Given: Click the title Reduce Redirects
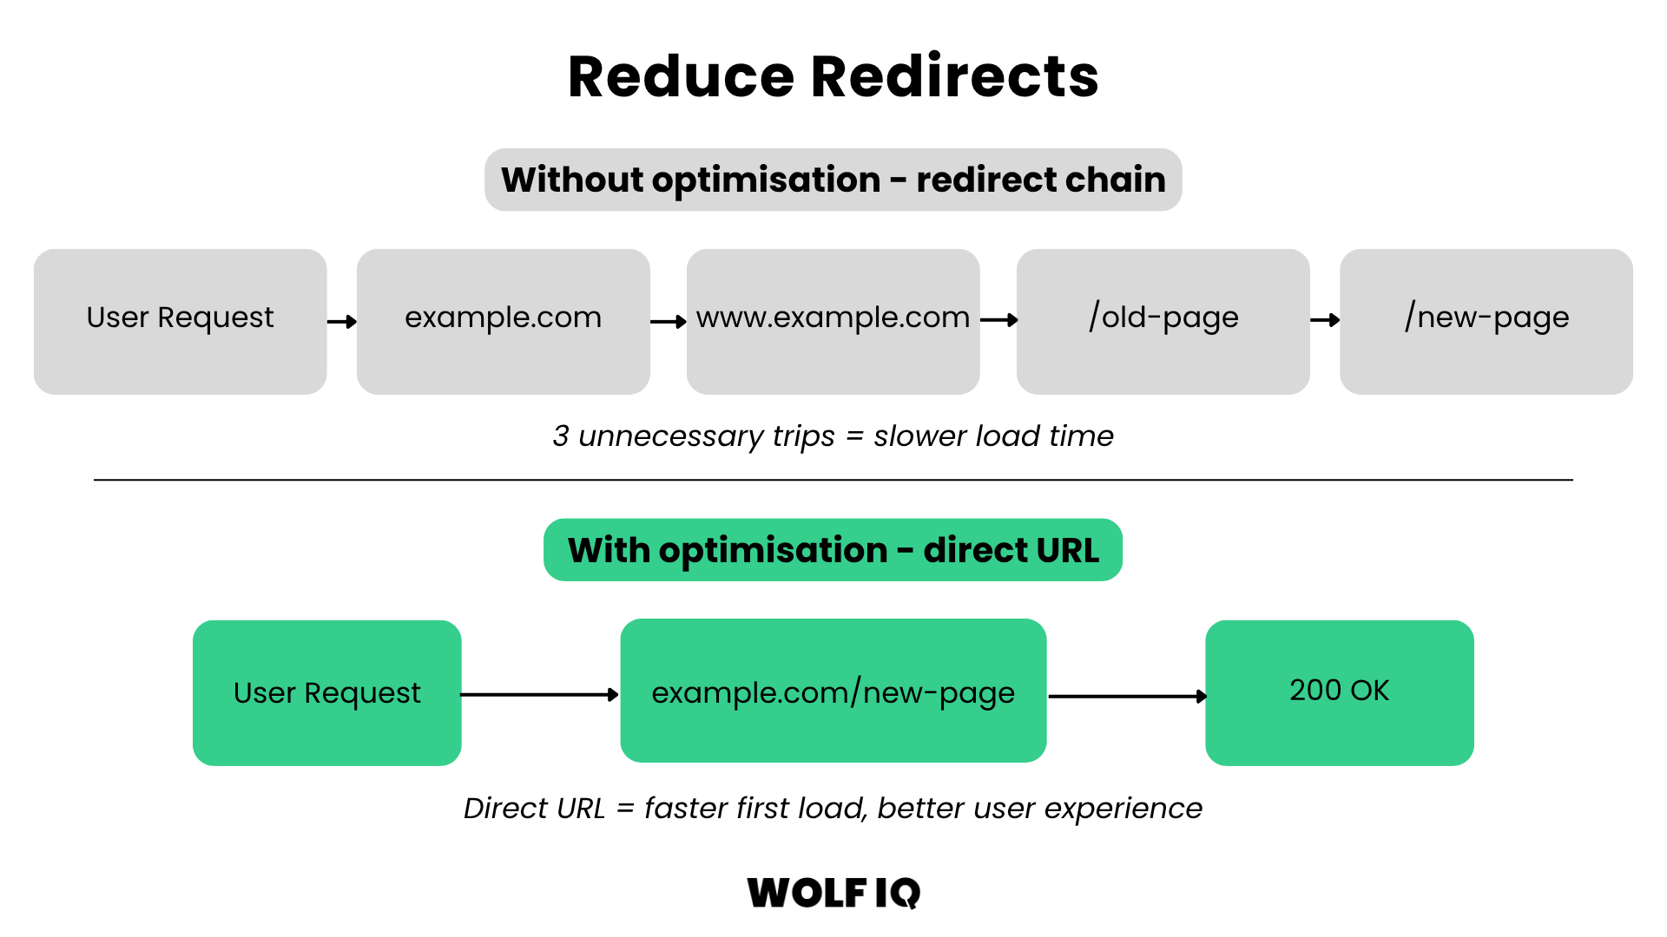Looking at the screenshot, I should pyautogui.click(x=833, y=76).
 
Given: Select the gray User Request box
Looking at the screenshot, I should pyautogui.click(x=180, y=322).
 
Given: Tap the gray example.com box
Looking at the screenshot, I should pyautogui.click(x=503, y=322).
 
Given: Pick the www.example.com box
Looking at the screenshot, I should pyautogui.click(x=833, y=322).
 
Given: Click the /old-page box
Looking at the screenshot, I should pyautogui.click(x=1163, y=322).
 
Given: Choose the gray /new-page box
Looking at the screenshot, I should pyautogui.click(x=1486, y=322).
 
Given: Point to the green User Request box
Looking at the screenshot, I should pyautogui.click(x=326, y=692).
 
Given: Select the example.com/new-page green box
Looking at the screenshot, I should pyautogui.click(x=833, y=691).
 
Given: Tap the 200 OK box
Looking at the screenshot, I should pyautogui.click(x=1339, y=692).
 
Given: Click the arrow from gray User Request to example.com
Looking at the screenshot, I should pyautogui.click(x=342, y=322).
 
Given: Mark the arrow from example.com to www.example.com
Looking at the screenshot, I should pyautogui.click(x=669, y=322).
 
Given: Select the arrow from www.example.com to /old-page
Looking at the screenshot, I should pyautogui.click(x=998, y=321).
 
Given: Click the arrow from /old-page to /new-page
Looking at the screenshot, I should pyautogui.click(x=1325, y=321).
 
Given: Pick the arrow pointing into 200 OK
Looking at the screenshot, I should pyautogui.click(x=1127, y=696).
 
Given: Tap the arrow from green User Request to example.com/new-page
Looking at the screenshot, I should pyautogui.click(x=539, y=695).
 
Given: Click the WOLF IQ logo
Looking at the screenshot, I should pyautogui.click(x=833, y=893).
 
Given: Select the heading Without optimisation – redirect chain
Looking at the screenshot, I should pyautogui.click(x=833, y=180).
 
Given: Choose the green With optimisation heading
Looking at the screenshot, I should pyautogui.click(x=833, y=550).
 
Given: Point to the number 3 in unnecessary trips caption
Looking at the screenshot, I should pyautogui.click(x=561, y=436).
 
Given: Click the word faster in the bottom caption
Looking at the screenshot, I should pyautogui.click(x=685, y=808).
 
